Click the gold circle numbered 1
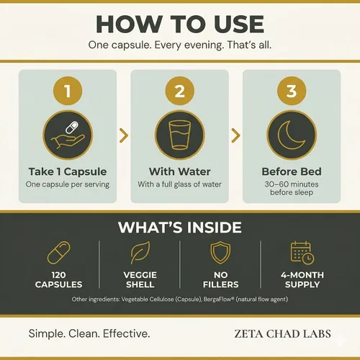[x=68, y=91]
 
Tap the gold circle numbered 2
[x=180, y=91]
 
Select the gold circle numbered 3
[x=292, y=91]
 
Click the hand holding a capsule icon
[x=68, y=135]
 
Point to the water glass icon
[x=180, y=135]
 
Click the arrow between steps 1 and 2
[x=125, y=135]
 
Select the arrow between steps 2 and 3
[x=236, y=135]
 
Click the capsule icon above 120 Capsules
[x=58, y=253]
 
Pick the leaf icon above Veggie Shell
[x=140, y=253]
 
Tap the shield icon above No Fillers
[x=220, y=253]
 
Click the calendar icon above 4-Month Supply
[x=302, y=253]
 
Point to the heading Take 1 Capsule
[x=68, y=171]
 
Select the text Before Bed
[x=292, y=171]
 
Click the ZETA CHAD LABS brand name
[x=282, y=334]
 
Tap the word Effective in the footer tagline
[x=127, y=333]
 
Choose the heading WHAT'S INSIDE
[x=180, y=227]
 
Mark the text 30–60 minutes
[x=292, y=184]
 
